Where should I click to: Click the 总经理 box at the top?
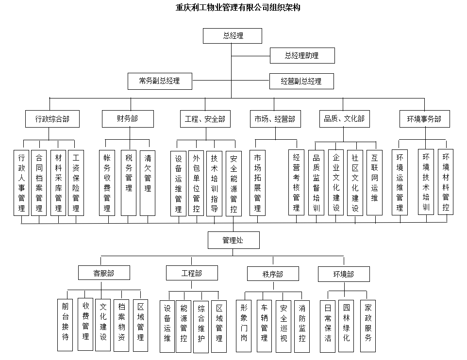233,36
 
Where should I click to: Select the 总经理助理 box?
302,55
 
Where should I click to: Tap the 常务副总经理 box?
160,81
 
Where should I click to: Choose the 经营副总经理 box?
301,82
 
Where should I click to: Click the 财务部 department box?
128,119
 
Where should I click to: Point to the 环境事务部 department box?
424,119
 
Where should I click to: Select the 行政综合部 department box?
52,119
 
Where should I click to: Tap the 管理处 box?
233,240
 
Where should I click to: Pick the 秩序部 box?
273,274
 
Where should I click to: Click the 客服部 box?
104,273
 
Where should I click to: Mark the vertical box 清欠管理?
148,183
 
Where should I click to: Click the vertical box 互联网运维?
374,182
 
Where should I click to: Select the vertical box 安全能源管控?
233,183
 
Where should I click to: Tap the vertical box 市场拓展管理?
257,183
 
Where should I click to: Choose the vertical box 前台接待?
65,325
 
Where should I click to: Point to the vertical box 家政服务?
368,326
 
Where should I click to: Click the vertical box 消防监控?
302,327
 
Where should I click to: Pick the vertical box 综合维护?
201,327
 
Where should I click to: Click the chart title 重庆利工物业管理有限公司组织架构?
238,7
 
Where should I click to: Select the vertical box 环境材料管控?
446,182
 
